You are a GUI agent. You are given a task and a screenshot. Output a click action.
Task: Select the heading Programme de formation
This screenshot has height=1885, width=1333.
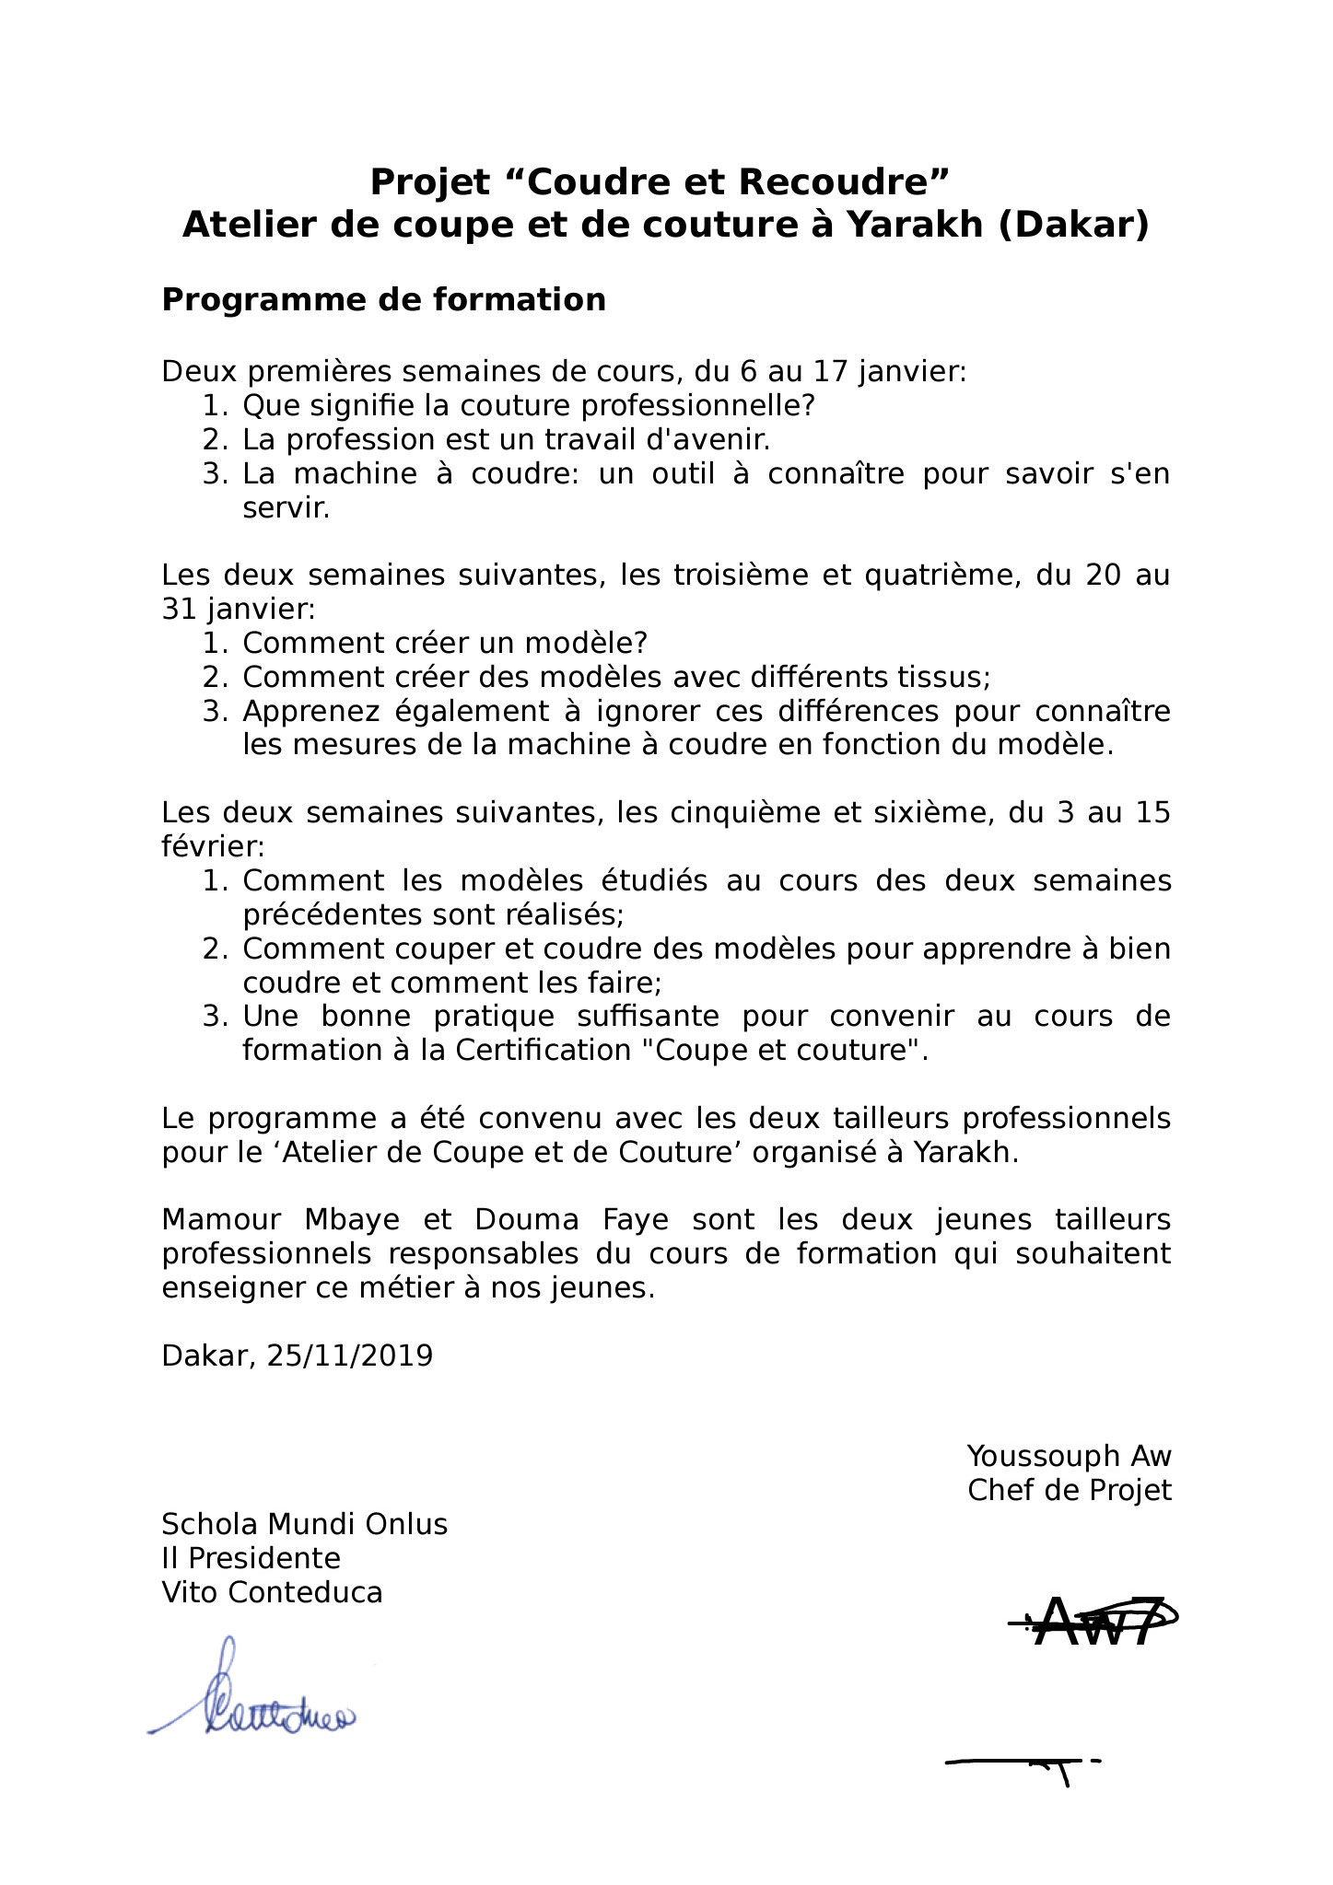(383, 300)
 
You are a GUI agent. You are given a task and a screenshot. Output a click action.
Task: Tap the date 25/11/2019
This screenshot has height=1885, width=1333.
(349, 1356)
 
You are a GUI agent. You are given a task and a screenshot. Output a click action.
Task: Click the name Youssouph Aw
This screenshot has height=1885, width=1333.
(1069, 1456)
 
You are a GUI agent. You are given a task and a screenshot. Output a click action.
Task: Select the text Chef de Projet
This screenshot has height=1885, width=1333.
(1069, 1490)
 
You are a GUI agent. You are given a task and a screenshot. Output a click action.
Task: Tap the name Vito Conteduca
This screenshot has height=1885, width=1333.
(272, 1592)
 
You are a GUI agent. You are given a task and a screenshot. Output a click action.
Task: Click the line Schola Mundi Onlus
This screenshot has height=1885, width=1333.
(304, 1524)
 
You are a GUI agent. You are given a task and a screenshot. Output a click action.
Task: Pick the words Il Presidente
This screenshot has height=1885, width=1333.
(251, 1558)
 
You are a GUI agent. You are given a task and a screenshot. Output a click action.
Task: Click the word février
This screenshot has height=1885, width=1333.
(212, 846)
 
